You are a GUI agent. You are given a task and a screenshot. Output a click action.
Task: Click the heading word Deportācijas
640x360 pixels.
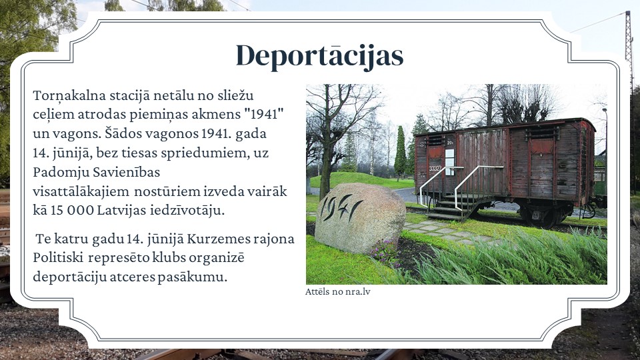pyautogui.click(x=319, y=56)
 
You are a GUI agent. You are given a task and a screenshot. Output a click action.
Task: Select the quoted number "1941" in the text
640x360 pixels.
pyautogui.click(x=264, y=114)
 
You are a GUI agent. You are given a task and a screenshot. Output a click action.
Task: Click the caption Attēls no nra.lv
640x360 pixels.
pyautogui.click(x=337, y=291)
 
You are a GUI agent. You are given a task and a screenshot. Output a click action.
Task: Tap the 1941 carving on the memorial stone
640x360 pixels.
pyautogui.click(x=341, y=207)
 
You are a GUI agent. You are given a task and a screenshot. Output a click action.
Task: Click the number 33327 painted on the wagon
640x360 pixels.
pyautogui.click(x=435, y=168)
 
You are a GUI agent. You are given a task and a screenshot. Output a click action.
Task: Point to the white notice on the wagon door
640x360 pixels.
pyautogui.click(x=449, y=162)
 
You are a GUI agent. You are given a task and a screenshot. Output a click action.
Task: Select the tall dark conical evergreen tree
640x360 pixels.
pyautogui.click(x=401, y=153)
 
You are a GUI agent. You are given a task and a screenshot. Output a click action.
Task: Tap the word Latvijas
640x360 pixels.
pyautogui.click(x=121, y=210)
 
